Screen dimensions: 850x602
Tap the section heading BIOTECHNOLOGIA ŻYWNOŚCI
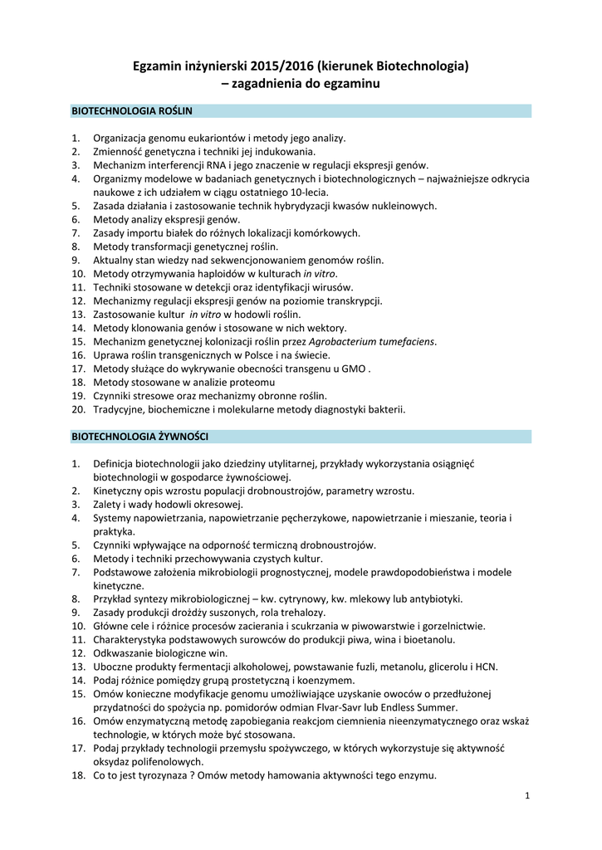(x=140, y=436)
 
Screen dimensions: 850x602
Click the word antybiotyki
(x=432, y=598)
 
